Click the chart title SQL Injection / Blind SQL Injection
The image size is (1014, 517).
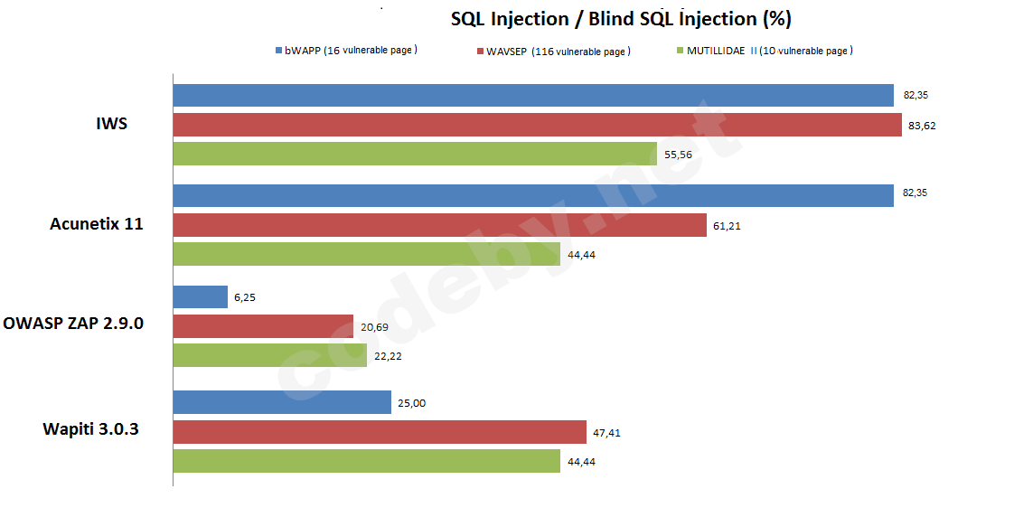(x=620, y=19)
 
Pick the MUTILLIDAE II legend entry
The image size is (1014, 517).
(x=769, y=51)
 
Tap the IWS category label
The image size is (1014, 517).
(x=111, y=124)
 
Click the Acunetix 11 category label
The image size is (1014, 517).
(x=96, y=224)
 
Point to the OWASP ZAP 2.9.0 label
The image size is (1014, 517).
(x=73, y=324)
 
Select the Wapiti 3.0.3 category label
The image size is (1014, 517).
(x=90, y=428)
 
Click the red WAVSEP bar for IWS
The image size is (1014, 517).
(x=537, y=125)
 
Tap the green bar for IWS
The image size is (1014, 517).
(x=415, y=154)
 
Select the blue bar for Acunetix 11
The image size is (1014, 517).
(x=533, y=195)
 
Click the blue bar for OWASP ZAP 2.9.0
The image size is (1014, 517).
(x=200, y=296)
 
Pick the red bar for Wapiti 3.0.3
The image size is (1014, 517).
(x=380, y=432)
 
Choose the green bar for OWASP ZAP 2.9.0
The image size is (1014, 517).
(x=269, y=356)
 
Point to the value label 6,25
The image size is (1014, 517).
(x=246, y=297)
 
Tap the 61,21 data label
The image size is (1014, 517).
(x=728, y=226)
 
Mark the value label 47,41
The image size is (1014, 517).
(x=607, y=433)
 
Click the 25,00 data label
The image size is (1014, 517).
(x=411, y=403)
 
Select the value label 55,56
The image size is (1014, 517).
(x=678, y=155)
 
